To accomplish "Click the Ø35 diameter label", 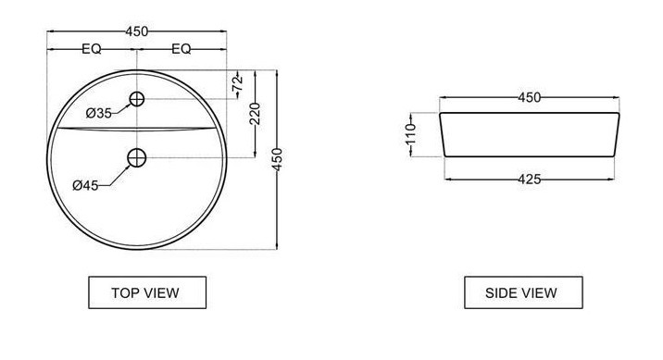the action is click(98, 113).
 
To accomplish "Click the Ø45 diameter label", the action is click(85, 185).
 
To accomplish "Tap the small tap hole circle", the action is click(136, 99).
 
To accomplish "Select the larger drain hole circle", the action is click(136, 157).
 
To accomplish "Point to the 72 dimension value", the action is click(238, 83).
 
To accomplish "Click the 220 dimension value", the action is click(255, 114).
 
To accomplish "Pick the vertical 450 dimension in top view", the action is click(277, 159).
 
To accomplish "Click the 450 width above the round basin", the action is click(136, 31).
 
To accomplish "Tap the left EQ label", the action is click(92, 49).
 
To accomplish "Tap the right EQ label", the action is click(181, 49).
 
